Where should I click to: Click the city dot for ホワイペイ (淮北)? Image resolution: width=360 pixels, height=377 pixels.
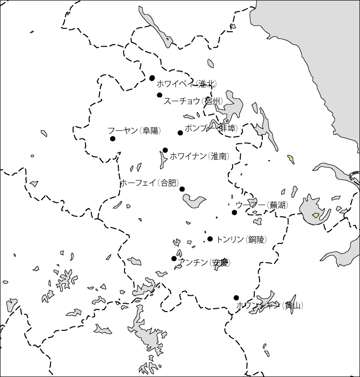152,78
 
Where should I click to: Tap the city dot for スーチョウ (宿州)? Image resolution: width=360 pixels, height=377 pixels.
160,95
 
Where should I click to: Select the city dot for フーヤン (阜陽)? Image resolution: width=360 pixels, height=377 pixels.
112,138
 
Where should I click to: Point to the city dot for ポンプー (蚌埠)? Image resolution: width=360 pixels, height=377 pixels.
180,133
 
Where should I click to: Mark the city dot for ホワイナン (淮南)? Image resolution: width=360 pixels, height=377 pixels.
165,150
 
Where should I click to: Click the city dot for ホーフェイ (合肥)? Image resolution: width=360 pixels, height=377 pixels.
182,189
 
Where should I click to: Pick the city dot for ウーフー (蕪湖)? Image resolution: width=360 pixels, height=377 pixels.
235,213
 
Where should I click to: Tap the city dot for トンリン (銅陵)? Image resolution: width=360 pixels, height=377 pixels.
210,239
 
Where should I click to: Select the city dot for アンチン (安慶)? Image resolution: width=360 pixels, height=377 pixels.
174,259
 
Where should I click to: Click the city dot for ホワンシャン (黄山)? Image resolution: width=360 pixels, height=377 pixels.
236,298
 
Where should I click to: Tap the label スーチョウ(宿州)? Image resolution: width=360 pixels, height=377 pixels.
193,101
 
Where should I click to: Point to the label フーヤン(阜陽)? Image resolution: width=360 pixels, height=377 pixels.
134,131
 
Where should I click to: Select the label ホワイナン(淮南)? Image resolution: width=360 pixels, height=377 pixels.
199,156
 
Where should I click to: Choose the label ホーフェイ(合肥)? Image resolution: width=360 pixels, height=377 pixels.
149,183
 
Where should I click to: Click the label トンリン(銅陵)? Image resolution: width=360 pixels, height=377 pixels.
241,239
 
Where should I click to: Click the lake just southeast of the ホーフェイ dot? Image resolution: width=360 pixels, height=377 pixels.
195,200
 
